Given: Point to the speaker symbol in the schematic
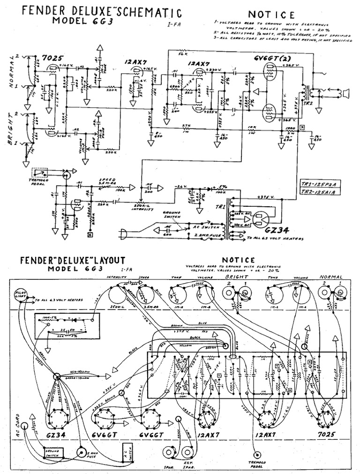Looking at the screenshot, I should point(345,94).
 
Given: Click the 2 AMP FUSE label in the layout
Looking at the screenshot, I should point(95,455).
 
